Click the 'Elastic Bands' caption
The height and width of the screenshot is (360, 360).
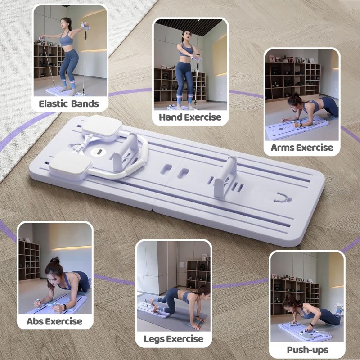tap(69, 104)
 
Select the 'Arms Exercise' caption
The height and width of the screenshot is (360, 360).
tap(302, 148)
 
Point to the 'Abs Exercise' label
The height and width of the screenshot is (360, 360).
tap(54, 321)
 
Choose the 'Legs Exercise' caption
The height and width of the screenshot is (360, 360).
tap(174, 339)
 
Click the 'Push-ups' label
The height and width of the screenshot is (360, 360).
tap(307, 350)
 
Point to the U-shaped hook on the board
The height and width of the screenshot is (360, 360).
tap(283, 198)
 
